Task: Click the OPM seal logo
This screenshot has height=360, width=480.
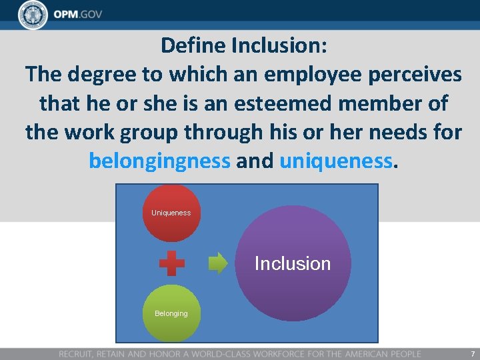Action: (33, 15)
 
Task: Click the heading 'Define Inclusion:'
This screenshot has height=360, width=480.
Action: (243, 46)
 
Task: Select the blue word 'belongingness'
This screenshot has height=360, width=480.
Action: (159, 161)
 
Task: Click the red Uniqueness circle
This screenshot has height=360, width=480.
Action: (171, 213)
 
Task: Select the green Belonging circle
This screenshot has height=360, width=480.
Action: (171, 313)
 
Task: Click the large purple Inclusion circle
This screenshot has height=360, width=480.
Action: (293, 263)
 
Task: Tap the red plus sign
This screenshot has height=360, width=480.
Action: (171, 263)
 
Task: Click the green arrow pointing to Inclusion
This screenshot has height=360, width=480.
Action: (218, 263)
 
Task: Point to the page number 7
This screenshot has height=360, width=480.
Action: (473, 353)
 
